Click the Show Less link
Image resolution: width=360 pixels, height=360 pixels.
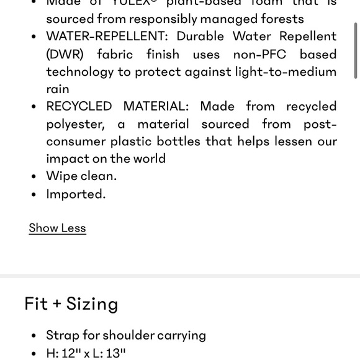[x=57, y=228]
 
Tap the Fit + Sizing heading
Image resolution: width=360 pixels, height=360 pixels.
[x=71, y=304]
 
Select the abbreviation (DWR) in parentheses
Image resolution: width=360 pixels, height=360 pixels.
[x=65, y=54]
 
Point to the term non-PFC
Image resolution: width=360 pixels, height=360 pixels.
[x=258, y=54]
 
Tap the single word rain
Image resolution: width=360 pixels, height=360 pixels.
[x=58, y=89]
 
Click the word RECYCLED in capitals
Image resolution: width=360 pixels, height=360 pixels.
[x=79, y=106]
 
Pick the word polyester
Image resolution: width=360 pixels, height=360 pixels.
[x=74, y=124]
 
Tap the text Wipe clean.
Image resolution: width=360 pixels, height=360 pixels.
[x=81, y=176]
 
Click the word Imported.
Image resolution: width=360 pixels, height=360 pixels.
[x=76, y=194]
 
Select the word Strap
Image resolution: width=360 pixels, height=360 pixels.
[x=62, y=335]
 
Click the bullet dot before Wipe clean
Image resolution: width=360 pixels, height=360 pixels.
[x=34, y=176]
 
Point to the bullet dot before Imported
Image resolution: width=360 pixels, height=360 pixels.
[x=34, y=194]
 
